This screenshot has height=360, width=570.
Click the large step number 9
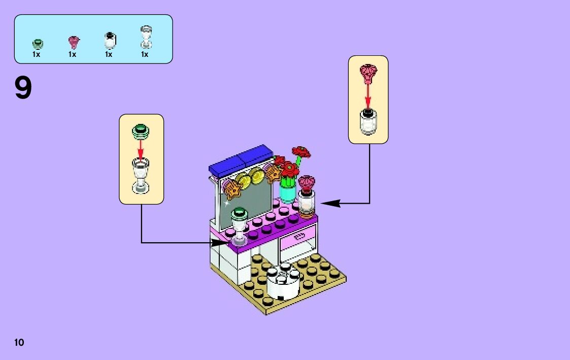tap(23, 88)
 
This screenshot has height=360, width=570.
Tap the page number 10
tap(19, 342)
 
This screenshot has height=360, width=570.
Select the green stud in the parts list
tap(37, 43)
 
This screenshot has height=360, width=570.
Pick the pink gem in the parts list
tap(73, 42)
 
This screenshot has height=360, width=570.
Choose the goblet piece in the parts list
tap(145, 38)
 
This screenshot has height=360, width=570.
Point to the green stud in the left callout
tap(141, 130)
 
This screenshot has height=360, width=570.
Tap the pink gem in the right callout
tap(368, 73)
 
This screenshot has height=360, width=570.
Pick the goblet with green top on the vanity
tap(239, 226)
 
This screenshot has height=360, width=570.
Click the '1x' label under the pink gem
tap(73, 54)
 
